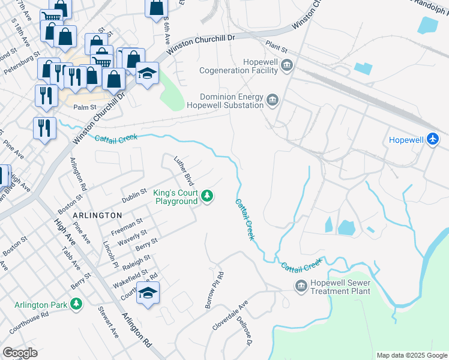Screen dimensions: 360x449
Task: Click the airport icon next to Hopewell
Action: point(433,139)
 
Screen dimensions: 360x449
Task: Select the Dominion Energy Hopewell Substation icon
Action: point(273,100)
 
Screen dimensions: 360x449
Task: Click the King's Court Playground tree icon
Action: point(207,196)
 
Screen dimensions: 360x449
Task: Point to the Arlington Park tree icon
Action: point(76,305)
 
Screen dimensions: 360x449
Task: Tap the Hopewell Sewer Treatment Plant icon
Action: point(300,286)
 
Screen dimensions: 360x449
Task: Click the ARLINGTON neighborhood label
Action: point(97,215)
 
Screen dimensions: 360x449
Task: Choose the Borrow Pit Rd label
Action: point(214,291)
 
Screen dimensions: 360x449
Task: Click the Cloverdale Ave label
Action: point(230,316)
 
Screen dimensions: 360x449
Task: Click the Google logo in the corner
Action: point(20,353)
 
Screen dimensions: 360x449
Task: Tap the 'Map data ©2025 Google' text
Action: point(411,355)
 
